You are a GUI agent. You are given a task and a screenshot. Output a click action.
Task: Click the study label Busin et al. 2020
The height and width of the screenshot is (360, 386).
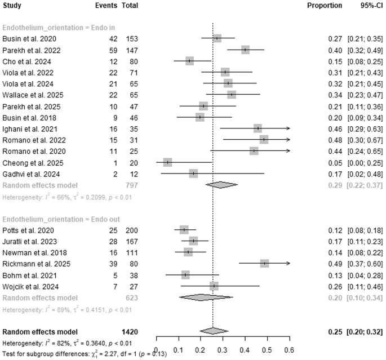(x=29, y=39)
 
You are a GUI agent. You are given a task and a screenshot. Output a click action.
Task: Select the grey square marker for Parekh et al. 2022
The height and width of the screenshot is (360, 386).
(x=245, y=50)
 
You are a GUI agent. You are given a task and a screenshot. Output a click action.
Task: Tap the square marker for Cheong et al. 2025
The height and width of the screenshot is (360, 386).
(x=168, y=162)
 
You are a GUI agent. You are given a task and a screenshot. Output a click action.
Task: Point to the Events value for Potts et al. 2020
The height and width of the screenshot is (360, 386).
(x=113, y=230)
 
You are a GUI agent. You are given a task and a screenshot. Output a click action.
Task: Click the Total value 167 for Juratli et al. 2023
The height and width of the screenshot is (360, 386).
(x=132, y=242)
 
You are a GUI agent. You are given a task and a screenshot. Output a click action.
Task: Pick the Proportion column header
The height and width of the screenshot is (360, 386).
(x=325, y=6)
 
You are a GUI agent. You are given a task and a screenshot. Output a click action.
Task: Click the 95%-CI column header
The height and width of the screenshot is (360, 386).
(x=371, y=6)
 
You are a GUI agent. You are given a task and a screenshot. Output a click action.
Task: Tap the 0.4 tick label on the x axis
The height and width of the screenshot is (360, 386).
(x=245, y=350)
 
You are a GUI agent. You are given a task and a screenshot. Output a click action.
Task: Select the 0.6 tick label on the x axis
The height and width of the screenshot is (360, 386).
(x=289, y=350)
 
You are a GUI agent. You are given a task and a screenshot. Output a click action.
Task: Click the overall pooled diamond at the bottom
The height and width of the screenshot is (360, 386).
(x=214, y=331)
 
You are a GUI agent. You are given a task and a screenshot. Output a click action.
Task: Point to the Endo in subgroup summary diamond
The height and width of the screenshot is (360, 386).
(x=221, y=185)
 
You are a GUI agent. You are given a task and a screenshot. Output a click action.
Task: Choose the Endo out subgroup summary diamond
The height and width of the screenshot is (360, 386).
(x=206, y=297)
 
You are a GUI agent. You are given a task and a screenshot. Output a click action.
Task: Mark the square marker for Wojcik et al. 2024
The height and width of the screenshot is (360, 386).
(x=214, y=286)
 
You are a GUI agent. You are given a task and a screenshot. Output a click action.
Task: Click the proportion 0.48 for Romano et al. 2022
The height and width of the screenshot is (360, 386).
(x=335, y=140)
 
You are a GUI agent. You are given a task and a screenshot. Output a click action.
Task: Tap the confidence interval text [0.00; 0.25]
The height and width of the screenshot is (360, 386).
(x=365, y=163)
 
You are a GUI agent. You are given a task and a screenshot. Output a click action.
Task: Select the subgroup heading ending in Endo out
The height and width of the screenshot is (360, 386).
(x=61, y=219)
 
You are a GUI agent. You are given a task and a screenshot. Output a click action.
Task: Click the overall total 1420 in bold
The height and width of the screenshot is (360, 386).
(x=130, y=332)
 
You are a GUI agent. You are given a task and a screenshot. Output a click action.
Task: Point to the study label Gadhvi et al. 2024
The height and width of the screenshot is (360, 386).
(x=31, y=174)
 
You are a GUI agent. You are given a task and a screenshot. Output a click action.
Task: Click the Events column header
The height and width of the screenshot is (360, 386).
(x=106, y=6)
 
